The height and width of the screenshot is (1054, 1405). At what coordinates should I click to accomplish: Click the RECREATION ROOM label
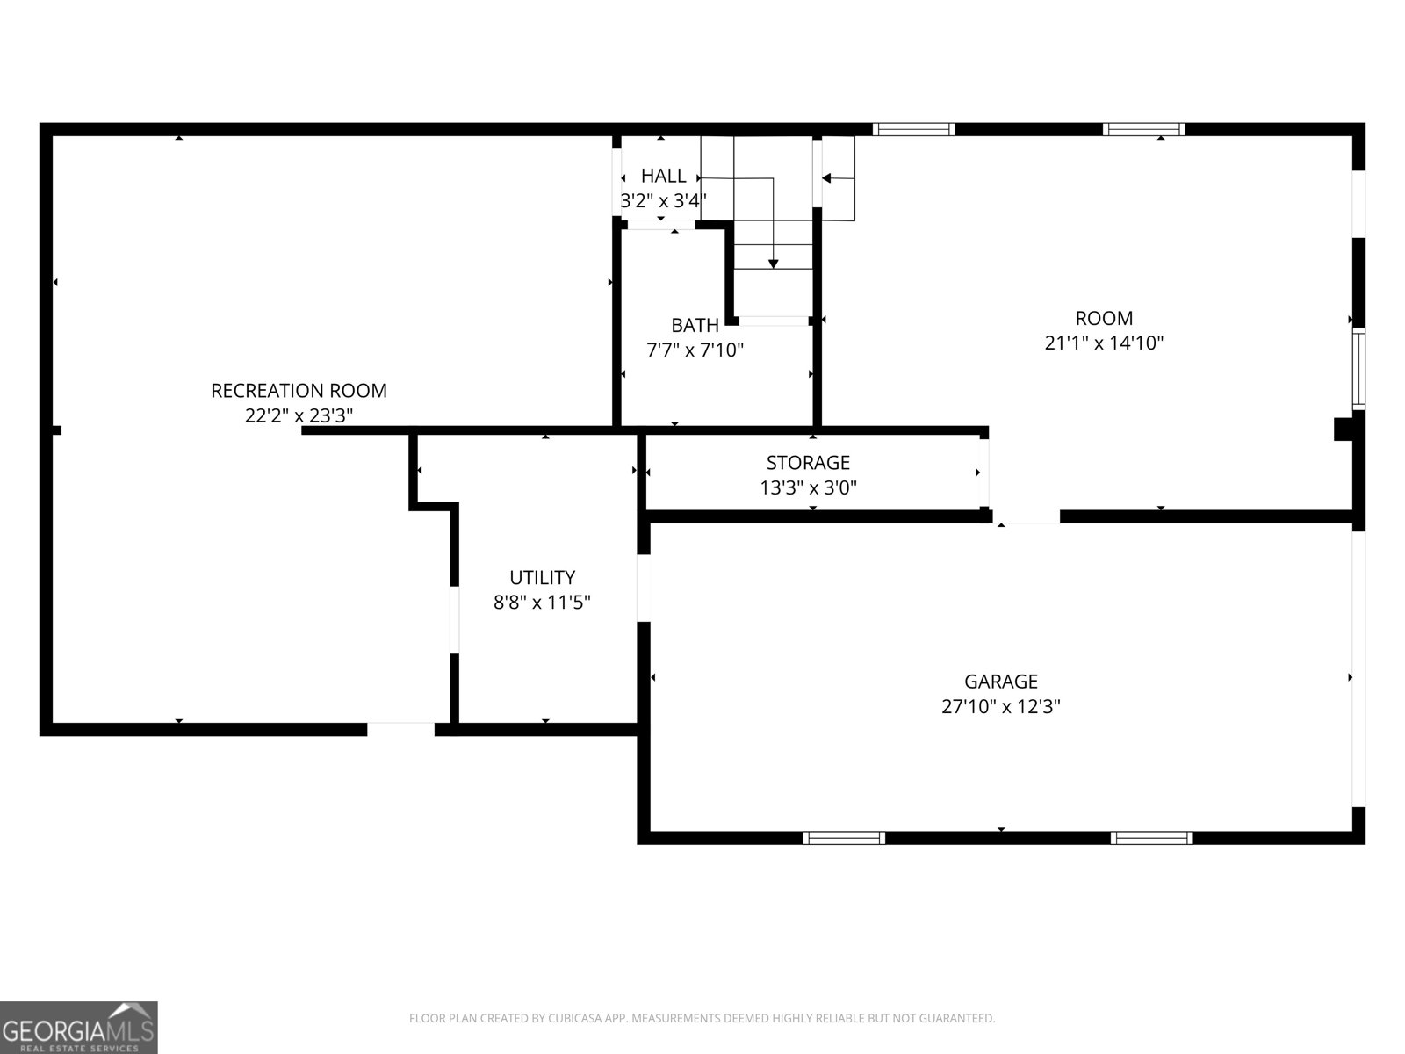tap(299, 391)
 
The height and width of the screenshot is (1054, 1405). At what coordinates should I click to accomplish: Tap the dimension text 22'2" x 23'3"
tap(299, 415)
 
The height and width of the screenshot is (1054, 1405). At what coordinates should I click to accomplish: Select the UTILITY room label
tap(542, 577)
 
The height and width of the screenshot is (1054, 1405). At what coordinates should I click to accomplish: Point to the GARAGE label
tap(1001, 681)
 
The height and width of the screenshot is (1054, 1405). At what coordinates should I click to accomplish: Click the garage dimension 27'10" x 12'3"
tap(1001, 706)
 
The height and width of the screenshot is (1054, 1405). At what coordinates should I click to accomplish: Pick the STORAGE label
tap(808, 462)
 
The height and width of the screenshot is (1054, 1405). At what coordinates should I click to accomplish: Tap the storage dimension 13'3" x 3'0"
tap(808, 487)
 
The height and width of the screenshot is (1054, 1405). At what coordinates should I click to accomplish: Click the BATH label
tap(695, 325)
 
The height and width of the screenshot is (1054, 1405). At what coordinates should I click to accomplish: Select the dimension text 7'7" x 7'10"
tap(695, 350)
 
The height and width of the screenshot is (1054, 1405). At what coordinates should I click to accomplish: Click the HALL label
tap(663, 176)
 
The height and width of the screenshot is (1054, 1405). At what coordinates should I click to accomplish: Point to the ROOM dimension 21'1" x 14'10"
tap(1104, 343)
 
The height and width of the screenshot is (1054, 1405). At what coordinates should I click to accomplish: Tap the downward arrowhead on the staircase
tap(773, 263)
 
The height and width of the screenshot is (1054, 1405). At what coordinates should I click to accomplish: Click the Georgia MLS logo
tap(78, 1028)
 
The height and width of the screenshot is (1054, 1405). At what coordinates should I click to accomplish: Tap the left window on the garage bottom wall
tap(845, 837)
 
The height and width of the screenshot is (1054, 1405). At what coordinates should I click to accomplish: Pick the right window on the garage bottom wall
tap(1151, 837)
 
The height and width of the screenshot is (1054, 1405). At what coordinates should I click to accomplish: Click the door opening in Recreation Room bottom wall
tap(400, 728)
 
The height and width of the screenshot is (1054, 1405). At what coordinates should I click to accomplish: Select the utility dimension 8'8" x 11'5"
tap(542, 603)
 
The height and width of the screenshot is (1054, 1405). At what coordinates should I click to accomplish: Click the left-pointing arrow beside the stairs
tap(827, 178)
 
